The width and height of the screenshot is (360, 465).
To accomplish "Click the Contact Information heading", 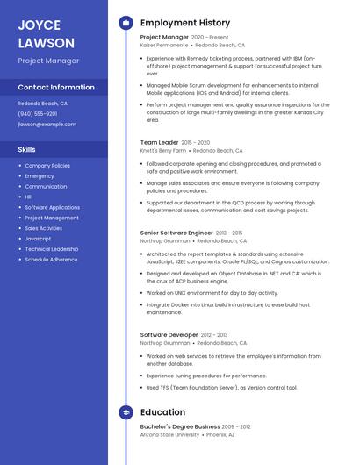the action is pyautogui.click(x=56, y=88).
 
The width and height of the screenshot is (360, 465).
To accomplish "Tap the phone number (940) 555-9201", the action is pyautogui.click(x=38, y=114).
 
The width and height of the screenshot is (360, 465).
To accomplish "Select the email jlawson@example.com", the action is pyautogui.click(x=47, y=125).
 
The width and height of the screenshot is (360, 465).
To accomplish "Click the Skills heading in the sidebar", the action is pyautogui.click(x=26, y=149).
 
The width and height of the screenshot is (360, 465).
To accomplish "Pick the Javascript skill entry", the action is pyautogui.click(x=38, y=239).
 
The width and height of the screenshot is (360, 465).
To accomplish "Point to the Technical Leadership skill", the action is pyautogui.click(x=51, y=249).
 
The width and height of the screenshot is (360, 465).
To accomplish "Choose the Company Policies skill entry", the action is pyautogui.click(x=47, y=166).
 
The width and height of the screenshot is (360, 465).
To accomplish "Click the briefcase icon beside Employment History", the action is pyautogui.click(x=126, y=23).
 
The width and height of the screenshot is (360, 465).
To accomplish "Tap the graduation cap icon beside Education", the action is pyautogui.click(x=126, y=412).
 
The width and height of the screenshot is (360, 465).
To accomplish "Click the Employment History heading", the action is pyautogui.click(x=185, y=23).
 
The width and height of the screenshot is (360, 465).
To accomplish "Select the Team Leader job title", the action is pyautogui.click(x=159, y=142).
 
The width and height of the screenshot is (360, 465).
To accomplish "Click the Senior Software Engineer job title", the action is pyautogui.click(x=176, y=232).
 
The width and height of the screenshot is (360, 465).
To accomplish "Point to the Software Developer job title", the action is pyautogui.click(x=169, y=335).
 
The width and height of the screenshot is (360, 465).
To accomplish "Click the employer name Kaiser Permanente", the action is pyautogui.click(x=163, y=45).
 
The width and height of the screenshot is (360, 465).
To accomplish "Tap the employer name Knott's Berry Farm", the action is pyautogui.click(x=163, y=150).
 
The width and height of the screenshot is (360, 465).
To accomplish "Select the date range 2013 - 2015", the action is pyautogui.click(x=229, y=232).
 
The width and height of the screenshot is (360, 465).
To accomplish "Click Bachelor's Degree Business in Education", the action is pyautogui.click(x=180, y=426).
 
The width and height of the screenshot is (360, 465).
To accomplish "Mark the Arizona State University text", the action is pyautogui.click(x=169, y=434).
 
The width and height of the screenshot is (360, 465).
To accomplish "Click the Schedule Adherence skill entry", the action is pyautogui.click(x=51, y=260).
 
